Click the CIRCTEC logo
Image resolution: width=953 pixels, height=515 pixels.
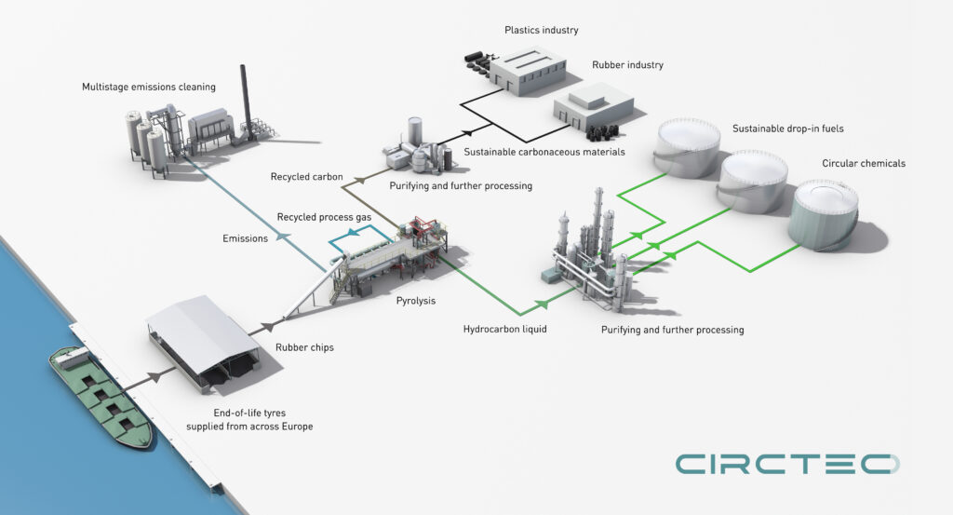pos(787,463)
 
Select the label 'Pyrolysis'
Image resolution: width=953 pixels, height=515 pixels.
pos(416,301)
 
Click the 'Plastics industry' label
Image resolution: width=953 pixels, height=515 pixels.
pos(541,31)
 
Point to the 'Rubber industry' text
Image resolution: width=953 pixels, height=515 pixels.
pos(627,65)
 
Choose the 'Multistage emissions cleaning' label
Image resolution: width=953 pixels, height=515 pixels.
pos(149,88)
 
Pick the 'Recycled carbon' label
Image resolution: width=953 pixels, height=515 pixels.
pos(307,176)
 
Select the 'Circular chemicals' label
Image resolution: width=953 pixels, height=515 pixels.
pos(864,164)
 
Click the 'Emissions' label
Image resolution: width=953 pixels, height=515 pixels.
pos(246,238)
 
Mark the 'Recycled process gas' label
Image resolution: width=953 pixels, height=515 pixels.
pos(324,217)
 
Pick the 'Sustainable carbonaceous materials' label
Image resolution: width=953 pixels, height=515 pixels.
pos(544,151)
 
